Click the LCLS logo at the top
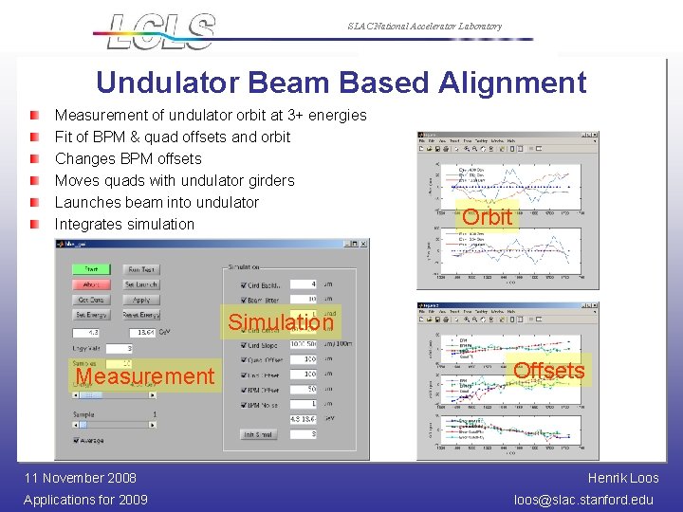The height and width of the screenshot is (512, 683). (161, 30)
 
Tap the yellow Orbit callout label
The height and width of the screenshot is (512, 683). (488, 217)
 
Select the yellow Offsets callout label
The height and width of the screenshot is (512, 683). (549, 370)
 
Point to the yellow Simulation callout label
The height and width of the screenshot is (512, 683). (281, 322)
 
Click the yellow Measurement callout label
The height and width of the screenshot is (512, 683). (144, 376)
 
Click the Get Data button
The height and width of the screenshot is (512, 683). (91, 300)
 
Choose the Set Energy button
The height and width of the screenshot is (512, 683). (91, 315)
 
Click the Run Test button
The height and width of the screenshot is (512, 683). (141, 269)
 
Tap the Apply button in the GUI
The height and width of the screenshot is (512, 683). (141, 300)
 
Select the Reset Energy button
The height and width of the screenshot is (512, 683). (141, 315)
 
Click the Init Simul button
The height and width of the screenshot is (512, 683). (258, 434)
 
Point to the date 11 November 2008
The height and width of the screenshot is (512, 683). (81, 478)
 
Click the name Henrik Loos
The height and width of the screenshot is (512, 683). (623, 478)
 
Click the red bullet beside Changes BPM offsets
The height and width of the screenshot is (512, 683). (35, 158)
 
